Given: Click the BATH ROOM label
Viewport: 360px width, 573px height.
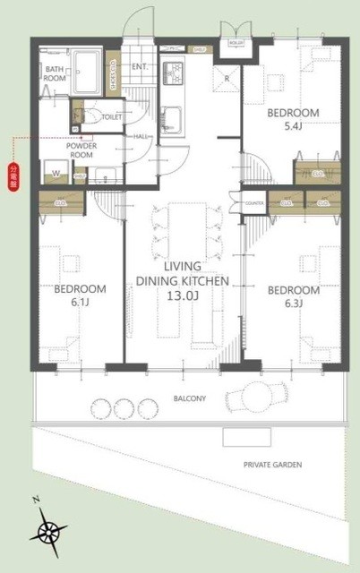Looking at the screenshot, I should pos(55,73).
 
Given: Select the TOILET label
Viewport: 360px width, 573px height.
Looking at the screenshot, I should pos(112,116).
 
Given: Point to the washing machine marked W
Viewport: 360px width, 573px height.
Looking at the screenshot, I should pos(56,171).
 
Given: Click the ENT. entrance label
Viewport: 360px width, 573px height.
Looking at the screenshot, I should pos(140,66).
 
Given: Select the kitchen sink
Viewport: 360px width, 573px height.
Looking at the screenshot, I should pos(172,116).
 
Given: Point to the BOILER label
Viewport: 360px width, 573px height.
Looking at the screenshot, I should pos(236,42).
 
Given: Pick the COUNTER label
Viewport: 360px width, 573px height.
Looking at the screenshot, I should pos(253,203).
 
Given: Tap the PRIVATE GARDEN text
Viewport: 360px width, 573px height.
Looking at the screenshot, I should pos(272,465).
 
